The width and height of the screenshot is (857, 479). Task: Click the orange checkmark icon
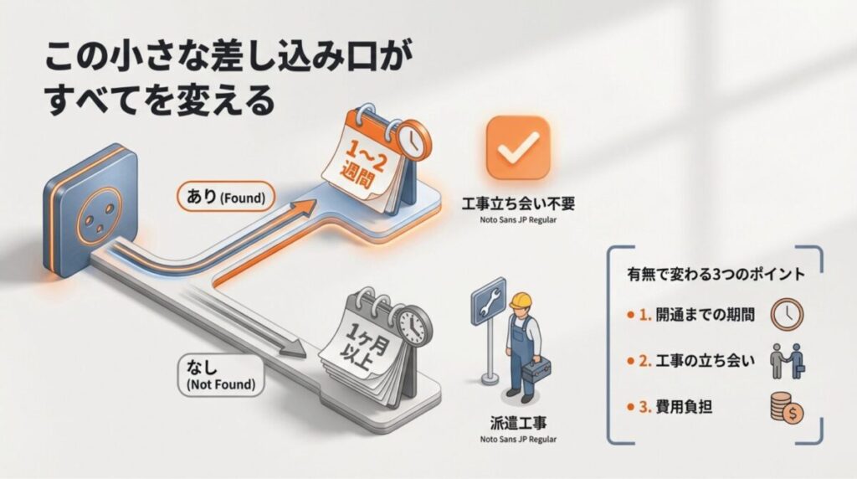[517, 148]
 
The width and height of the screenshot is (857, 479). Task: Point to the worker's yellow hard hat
[523, 301]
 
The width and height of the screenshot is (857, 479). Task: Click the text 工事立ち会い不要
[518, 203]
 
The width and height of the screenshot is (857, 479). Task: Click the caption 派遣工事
[518, 424]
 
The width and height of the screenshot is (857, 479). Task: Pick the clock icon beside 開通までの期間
[787, 315]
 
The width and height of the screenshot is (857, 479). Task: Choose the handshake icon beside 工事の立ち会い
[787, 361]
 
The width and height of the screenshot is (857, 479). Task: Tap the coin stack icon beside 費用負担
[787, 409]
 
